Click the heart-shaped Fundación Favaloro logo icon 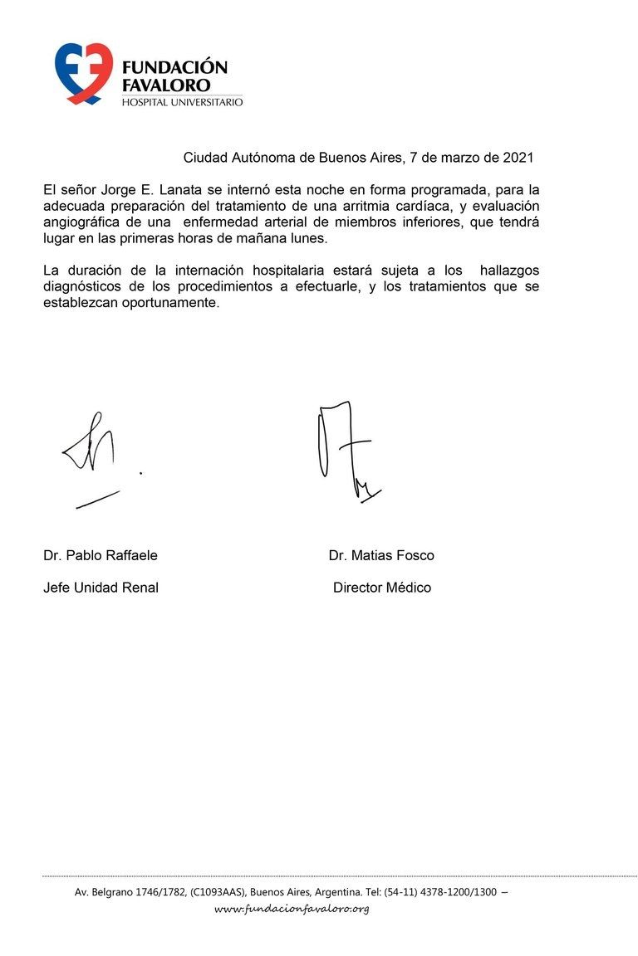point(83,73)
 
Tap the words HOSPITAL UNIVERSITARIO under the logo point(182,102)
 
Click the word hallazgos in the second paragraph point(510,270)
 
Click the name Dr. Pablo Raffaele point(101,555)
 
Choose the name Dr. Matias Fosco point(381,555)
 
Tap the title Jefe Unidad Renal point(101,588)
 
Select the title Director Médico point(382,588)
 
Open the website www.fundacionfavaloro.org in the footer point(292,909)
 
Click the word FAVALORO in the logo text point(165,85)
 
